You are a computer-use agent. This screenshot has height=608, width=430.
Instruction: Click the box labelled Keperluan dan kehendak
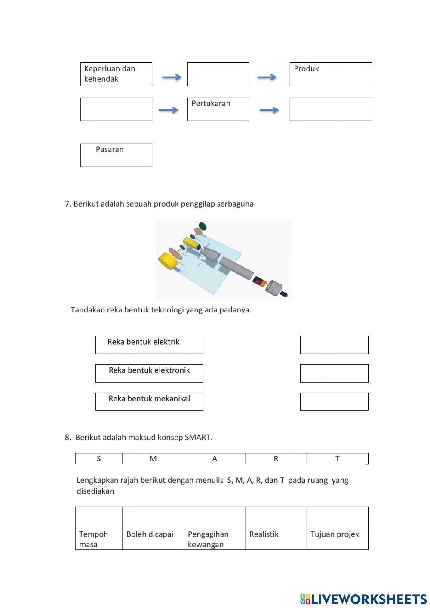point(116,74)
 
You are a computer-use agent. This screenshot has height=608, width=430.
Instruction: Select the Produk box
point(330,74)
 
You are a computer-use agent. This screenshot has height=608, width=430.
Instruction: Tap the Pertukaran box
point(218,109)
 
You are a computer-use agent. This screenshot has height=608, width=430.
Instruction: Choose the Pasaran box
point(116,155)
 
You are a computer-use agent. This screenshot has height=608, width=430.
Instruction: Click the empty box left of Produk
point(218,74)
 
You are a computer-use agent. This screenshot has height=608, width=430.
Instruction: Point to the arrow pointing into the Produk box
point(267,77)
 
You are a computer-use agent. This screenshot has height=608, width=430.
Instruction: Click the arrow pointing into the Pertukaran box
point(169,110)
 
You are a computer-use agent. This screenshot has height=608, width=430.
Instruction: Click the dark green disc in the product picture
point(202,226)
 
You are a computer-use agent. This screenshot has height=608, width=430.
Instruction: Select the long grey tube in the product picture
point(236,268)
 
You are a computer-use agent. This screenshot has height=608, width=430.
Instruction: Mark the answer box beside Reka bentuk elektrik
point(334,345)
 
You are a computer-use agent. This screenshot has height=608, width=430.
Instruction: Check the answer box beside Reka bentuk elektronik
point(334,373)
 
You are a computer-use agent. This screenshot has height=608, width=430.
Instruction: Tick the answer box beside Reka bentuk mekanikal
point(334,402)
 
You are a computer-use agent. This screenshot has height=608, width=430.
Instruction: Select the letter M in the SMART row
point(153,459)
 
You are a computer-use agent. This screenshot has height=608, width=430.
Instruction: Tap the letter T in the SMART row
point(337,459)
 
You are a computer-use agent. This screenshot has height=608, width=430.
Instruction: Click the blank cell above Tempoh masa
point(98,518)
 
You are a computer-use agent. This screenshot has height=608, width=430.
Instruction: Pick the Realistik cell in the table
point(276,539)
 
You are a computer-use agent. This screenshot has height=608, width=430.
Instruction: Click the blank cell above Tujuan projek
point(337,518)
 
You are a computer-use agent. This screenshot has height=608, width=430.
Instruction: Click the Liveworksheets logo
point(363,599)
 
